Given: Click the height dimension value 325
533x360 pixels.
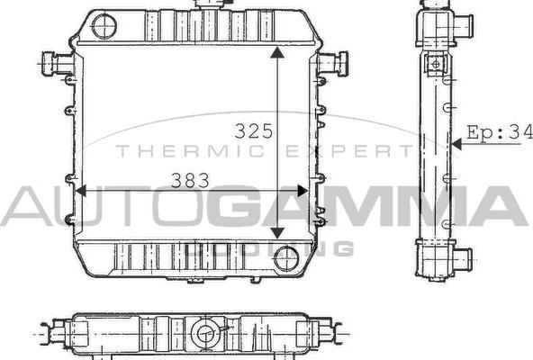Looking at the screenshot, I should click(x=253, y=131).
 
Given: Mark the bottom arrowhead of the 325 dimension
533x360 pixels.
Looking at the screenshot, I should click(x=279, y=236).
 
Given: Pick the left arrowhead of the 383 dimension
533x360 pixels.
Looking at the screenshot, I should click(x=82, y=191).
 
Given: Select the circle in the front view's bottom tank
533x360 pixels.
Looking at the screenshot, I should click(x=286, y=258).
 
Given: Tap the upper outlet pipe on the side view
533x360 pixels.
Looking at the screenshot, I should click(x=461, y=27).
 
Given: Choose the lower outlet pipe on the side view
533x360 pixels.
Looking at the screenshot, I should click(x=461, y=260).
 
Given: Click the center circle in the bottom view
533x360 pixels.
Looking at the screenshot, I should click(x=209, y=335).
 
